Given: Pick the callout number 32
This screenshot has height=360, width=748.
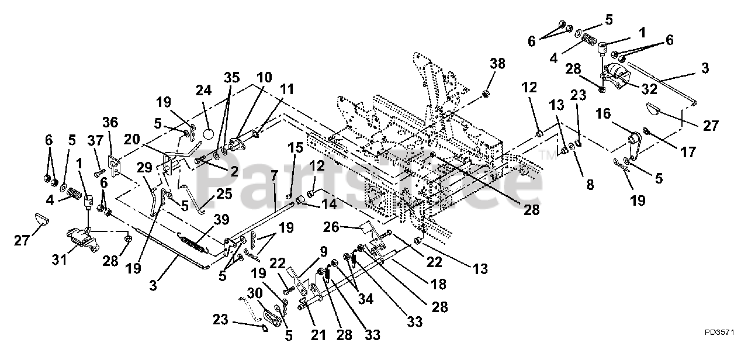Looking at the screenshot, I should (649, 89).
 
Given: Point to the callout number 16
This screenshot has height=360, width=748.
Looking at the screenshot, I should (604, 114).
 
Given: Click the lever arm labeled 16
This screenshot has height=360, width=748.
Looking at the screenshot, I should (633, 143).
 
